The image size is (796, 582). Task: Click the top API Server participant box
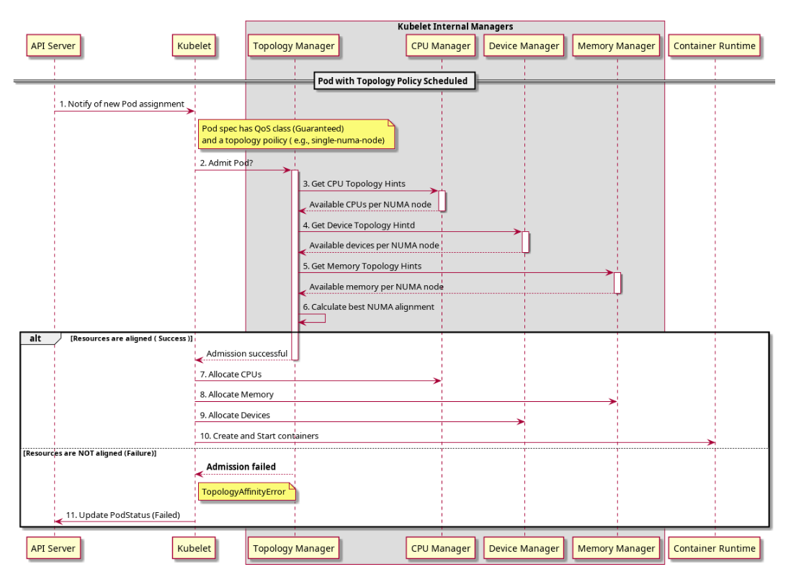coord(53,46)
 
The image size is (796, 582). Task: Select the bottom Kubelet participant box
coord(194,548)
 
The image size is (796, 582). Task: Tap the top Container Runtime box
coord(715,46)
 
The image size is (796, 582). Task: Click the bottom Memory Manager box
coord(617,548)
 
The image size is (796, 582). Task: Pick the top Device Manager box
coord(524,46)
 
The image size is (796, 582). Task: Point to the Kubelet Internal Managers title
coord(455,27)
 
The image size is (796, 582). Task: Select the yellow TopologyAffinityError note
coord(247,492)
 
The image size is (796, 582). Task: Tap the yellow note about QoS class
coord(297,134)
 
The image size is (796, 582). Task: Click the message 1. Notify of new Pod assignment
coord(122,104)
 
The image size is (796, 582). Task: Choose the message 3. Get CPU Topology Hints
coord(354,184)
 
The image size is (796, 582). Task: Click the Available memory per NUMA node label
coord(376,287)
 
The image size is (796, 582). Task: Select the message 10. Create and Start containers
coord(259,435)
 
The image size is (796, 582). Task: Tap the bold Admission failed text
coord(241,467)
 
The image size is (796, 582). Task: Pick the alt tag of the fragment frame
coord(36,337)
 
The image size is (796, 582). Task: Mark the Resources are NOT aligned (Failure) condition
coord(90,454)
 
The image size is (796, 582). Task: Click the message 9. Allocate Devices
coord(235,415)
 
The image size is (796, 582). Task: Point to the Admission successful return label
coord(247,353)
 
